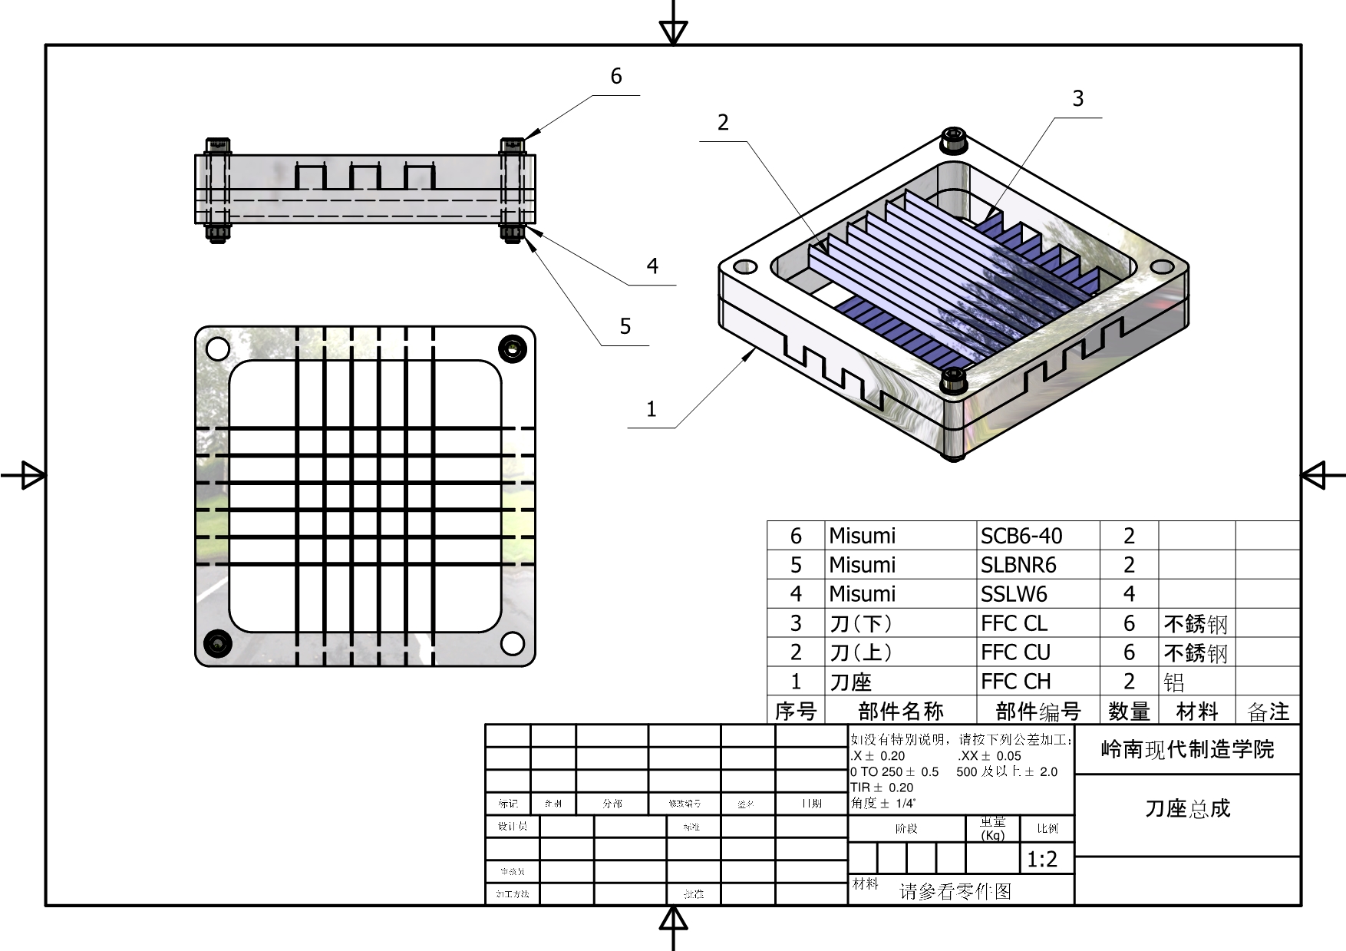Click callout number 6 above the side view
point(616,76)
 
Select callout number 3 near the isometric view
point(1078,98)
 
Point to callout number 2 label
point(723,122)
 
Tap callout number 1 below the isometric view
point(652,408)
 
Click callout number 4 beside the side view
point(652,266)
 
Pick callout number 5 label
point(625,326)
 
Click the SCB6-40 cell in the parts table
point(1021,536)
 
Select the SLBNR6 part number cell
point(1018,565)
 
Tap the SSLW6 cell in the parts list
point(1014,594)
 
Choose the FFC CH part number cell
point(1015,682)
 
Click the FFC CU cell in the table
point(1015,652)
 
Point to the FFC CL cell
point(1014,623)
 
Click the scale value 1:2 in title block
point(1042,860)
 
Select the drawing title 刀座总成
point(1187,808)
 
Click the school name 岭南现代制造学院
point(1187,749)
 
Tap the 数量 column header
point(1129,712)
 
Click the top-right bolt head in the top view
point(512,349)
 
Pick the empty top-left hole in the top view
point(219,349)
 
